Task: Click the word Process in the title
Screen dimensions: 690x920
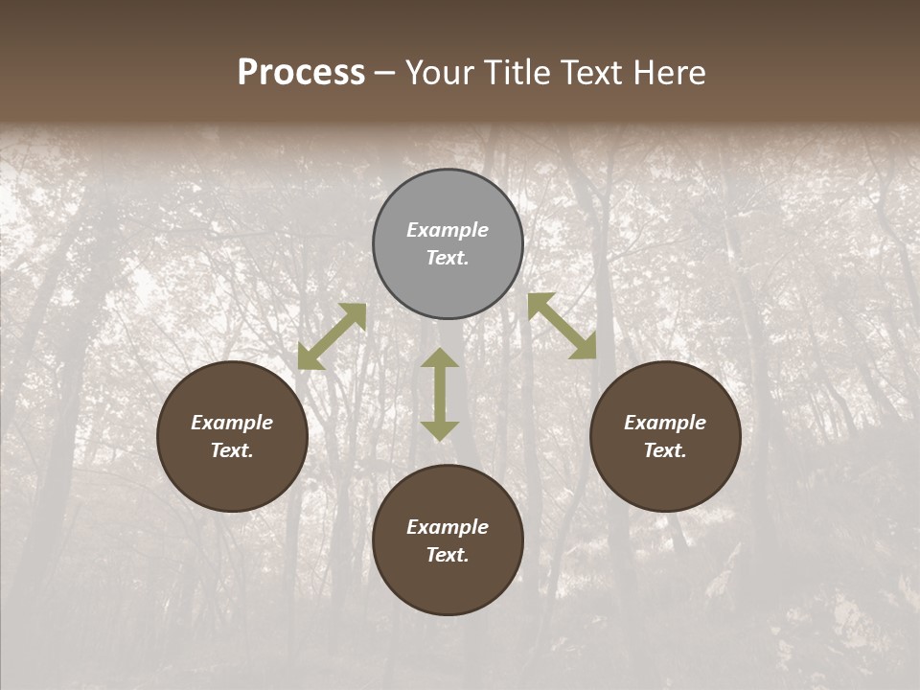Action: pos(301,73)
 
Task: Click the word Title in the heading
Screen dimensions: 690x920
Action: pos(513,73)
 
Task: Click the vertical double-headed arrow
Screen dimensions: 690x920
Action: pos(440,394)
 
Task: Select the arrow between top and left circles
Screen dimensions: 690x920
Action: pos(332,336)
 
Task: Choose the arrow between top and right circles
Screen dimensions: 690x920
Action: pos(563,326)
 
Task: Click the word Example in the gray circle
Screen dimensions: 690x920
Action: pos(448,230)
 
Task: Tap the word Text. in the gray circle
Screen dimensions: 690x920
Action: pos(448,258)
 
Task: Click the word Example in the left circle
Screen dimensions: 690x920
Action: pos(232,423)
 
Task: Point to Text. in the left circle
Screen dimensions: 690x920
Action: pos(232,450)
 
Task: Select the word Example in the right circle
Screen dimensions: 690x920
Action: pos(665,423)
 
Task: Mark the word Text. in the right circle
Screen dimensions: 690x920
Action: pos(665,450)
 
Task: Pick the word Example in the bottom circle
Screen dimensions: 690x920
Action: pos(448,527)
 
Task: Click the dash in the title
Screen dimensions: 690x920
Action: pos(385,74)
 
